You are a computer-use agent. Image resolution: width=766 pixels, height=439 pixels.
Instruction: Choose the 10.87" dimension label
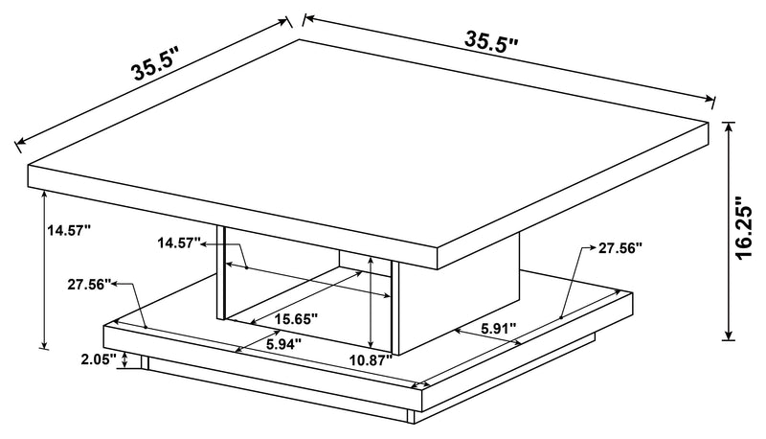tap(371, 359)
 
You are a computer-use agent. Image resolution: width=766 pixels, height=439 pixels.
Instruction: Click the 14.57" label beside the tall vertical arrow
tap(68, 230)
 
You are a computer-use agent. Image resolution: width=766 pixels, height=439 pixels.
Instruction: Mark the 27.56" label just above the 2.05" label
tap(90, 285)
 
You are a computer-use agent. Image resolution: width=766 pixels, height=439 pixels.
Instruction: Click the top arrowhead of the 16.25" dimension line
tap(730, 127)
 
